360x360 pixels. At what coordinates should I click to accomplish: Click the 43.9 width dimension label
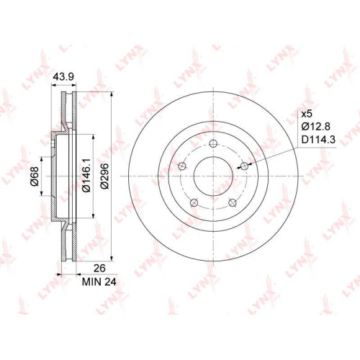coord(63,76)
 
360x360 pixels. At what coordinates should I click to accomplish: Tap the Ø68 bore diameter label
coord(35,176)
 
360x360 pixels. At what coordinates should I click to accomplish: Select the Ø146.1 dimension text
coord(86,175)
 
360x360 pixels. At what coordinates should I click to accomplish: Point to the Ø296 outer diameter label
coord(104,176)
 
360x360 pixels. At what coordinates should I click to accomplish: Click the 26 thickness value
coord(99,268)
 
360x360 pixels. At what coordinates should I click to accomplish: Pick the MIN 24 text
coord(99,282)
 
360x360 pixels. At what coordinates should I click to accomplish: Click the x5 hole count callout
coord(307,114)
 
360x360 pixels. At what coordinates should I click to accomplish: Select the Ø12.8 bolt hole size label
coord(316,126)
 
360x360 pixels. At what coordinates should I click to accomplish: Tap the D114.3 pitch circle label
coord(318,139)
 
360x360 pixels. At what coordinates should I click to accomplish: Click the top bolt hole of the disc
coord(213,143)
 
